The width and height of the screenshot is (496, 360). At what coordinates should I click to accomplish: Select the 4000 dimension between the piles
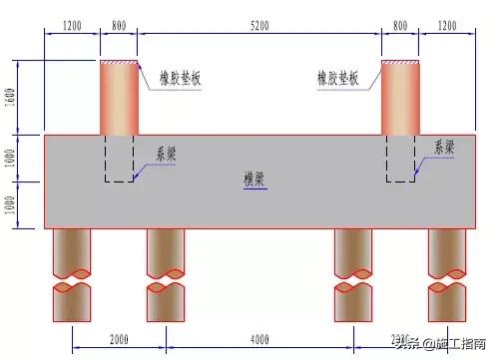click(x=259, y=340)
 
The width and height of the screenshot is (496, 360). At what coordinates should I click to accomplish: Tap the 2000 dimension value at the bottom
click(x=119, y=340)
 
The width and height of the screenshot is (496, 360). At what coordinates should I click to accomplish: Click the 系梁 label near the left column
click(x=167, y=155)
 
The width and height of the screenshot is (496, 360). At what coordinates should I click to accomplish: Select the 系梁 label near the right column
click(x=443, y=147)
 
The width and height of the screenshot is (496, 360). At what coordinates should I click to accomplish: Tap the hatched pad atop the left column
click(x=119, y=62)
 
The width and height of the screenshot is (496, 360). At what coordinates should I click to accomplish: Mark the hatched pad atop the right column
click(x=400, y=62)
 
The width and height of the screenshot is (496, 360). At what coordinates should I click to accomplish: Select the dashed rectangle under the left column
click(x=119, y=158)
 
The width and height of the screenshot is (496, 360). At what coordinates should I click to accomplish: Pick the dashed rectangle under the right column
click(x=400, y=158)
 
